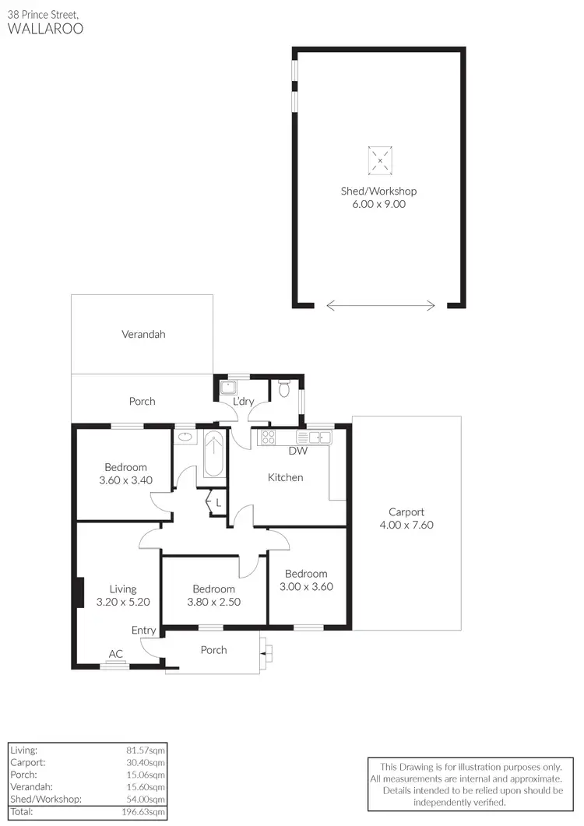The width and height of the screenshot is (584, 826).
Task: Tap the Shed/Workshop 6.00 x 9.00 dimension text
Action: pos(378,205)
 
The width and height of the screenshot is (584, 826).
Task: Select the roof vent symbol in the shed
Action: pos(379,160)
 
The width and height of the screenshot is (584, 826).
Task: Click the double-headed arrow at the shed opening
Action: pos(381,306)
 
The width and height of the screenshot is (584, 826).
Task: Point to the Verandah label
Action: pos(143,335)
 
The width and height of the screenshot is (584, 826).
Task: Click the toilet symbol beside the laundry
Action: pos(285,387)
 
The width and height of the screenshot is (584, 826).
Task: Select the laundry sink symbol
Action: pos(228,387)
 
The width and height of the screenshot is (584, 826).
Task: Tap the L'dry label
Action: pos(244,402)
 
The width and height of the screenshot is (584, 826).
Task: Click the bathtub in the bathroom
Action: pos(213,454)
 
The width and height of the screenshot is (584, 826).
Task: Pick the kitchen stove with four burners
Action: pos(268,437)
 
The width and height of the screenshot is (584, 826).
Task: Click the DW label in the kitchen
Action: pos(297,451)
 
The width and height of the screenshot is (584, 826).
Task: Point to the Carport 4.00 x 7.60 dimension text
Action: pos(406,525)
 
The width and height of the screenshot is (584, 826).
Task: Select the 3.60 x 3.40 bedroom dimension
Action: pos(125,480)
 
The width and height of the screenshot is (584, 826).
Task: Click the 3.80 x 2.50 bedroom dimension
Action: pos(213,602)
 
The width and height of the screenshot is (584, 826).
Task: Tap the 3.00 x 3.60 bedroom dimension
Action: pos(306,587)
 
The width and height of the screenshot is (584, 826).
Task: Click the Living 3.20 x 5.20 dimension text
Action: pos(123,602)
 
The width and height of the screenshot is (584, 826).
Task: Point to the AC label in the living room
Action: pos(115,654)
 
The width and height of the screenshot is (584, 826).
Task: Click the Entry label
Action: pos(143,631)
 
